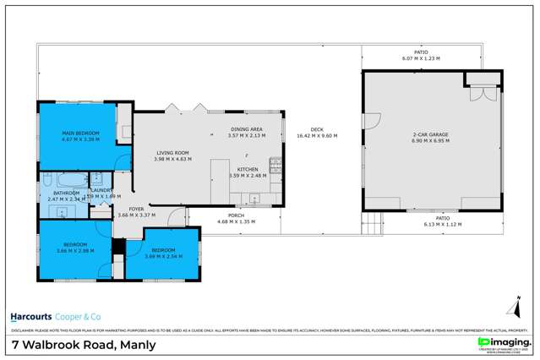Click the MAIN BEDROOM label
(80, 134)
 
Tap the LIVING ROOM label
(172, 153)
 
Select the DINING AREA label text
(247, 129)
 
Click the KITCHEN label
(247, 170)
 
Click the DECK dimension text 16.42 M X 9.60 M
(317, 136)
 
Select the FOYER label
(136, 209)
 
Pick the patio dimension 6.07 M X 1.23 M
(421, 58)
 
